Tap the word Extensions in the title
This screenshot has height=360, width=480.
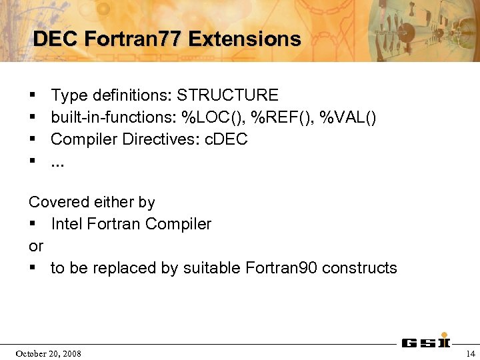pyautogui.click(x=244, y=39)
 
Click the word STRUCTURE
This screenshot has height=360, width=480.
pyautogui.click(x=228, y=95)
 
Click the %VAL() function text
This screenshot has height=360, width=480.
pyautogui.click(x=348, y=117)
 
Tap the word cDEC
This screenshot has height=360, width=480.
pyautogui.click(x=227, y=139)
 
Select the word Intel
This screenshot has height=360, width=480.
pyautogui.click(x=67, y=224)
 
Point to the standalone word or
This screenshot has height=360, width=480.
pyautogui.click(x=36, y=246)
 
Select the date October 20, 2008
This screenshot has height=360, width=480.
pyautogui.click(x=48, y=353)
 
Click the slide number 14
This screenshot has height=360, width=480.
pyautogui.click(x=471, y=353)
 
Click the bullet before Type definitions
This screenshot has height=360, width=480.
pyautogui.click(x=32, y=95)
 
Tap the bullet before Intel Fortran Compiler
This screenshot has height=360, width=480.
pyautogui.click(x=32, y=224)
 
